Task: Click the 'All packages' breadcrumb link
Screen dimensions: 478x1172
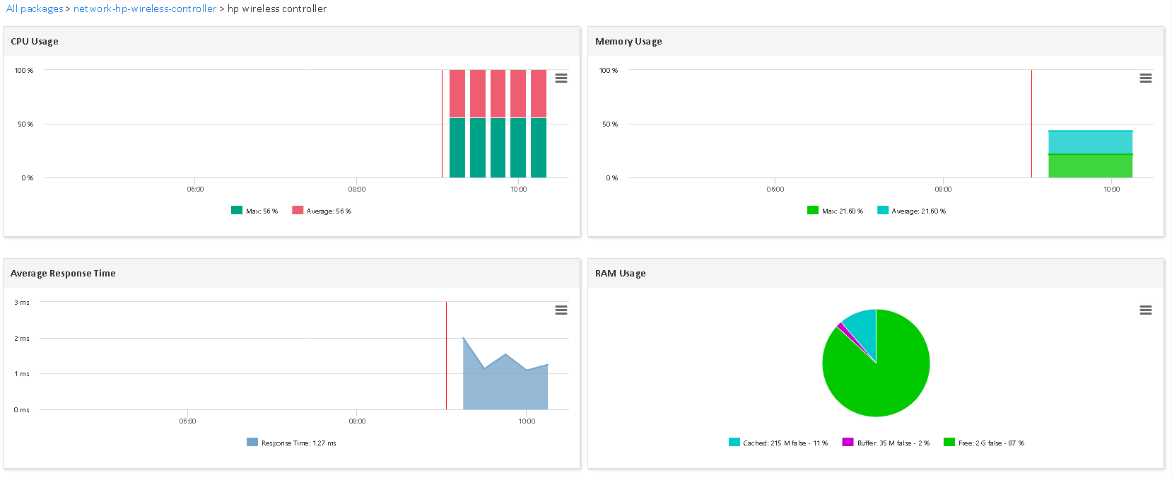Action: (x=35, y=9)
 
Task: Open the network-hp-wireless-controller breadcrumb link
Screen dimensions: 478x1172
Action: (x=145, y=9)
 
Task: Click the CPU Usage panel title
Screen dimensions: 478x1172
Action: (x=35, y=42)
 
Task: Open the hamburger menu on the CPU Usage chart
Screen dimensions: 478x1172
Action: (x=561, y=78)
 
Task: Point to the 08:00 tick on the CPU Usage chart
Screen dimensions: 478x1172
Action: (x=357, y=189)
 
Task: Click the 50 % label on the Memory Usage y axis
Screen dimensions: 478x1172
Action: (x=609, y=124)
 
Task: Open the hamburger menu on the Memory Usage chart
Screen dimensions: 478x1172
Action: (x=1146, y=78)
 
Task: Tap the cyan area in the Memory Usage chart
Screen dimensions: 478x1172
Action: (x=1090, y=142)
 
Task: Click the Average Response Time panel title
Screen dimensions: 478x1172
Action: (x=63, y=274)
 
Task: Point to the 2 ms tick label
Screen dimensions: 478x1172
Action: (x=22, y=339)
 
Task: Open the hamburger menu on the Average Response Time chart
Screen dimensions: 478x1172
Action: (x=561, y=310)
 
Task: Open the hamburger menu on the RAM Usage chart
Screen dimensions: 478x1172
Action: (x=1146, y=310)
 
